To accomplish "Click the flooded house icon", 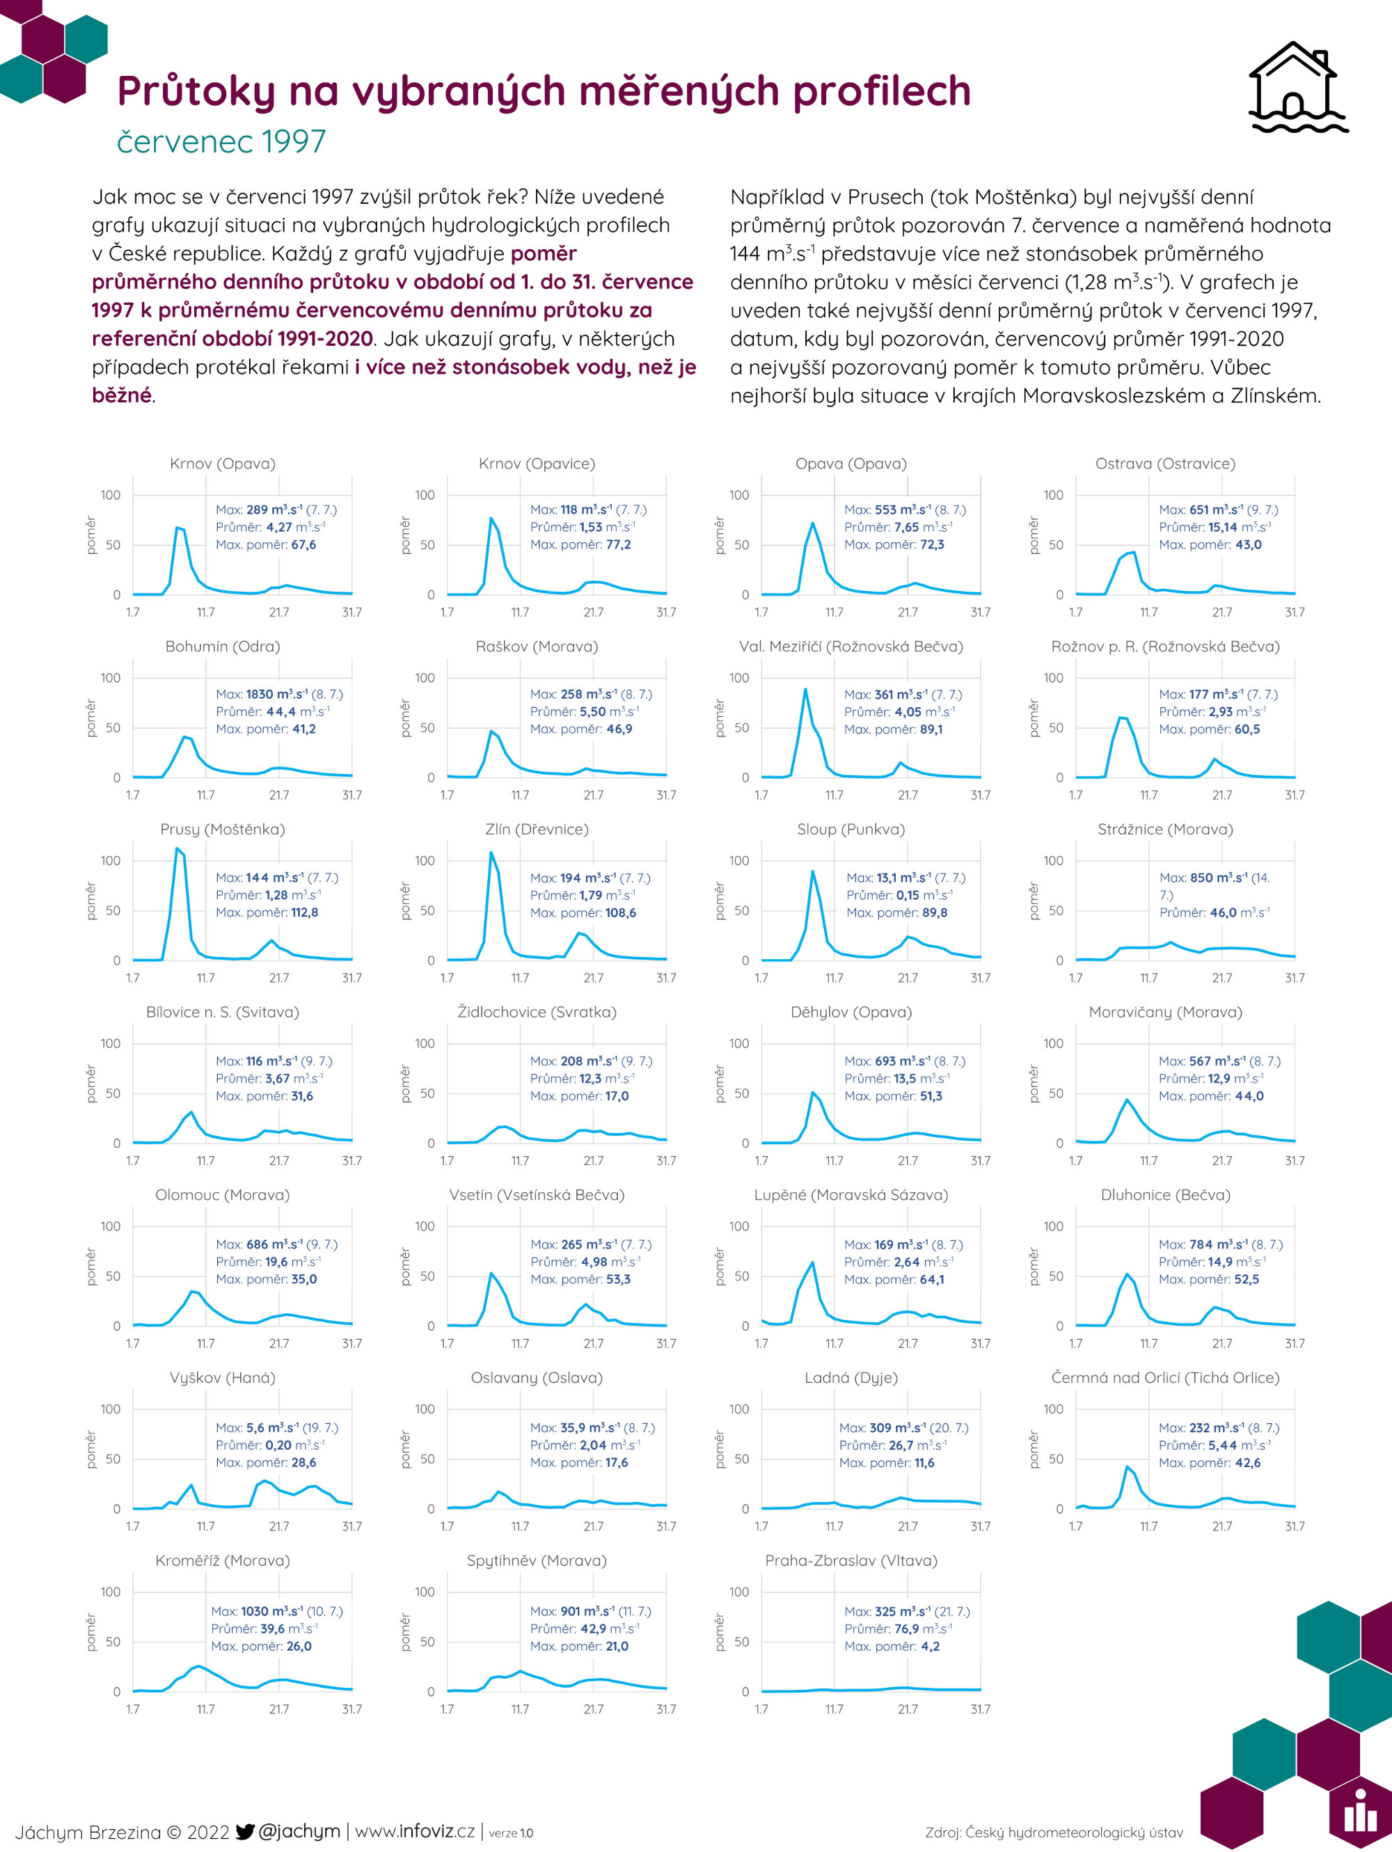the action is pyautogui.click(x=1297, y=87).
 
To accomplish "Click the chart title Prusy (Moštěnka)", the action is pyautogui.click(x=223, y=829).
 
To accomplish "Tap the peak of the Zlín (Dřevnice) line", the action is pyautogui.click(x=491, y=853).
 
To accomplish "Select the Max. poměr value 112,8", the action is pyautogui.click(x=304, y=912).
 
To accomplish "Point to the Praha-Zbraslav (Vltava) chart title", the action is pyautogui.click(x=851, y=1560).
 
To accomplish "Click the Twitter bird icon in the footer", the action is pyautogui.click(x=244, y=1831).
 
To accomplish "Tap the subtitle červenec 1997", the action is pyautogui.click(x=221, y=141).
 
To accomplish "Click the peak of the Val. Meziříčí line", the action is pyautogui.click(x=805, y=689).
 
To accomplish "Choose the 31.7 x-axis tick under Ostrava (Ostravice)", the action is pyautogui.click(x=1295, y=612).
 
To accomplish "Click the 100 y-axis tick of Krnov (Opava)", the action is pyautogui.click(x=111, y=495).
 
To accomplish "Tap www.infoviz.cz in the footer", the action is pyautogui.click(x=416, y=1831).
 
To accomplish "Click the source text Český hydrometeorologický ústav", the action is pyautogui.click(x=1074, y=1833).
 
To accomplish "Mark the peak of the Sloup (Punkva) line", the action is pyautogui.click(x=813, y=871).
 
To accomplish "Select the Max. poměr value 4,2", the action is pyautogui.click(x=930, y=1646).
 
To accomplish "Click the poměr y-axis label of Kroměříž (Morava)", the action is pyautogui.click(x=91, y=1633).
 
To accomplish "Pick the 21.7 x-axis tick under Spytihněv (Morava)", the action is pyautogui.click(x=594, y=1709).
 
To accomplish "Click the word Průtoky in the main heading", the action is pyautogui.click(x=195, y=90).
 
